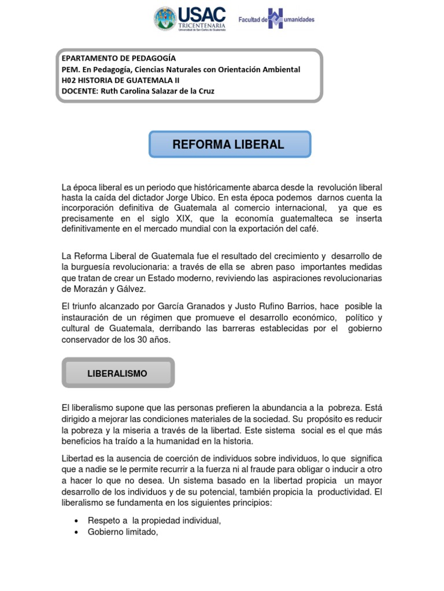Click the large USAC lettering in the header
pos(202,14)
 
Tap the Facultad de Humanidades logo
pos(276,19)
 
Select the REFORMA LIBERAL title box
pos(230,144)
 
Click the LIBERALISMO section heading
pos(117,373)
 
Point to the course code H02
pos(68,80)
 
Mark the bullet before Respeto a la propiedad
pos(77,521)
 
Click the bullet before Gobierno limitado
pos(77,532)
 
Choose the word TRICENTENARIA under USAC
pos(202,25)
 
